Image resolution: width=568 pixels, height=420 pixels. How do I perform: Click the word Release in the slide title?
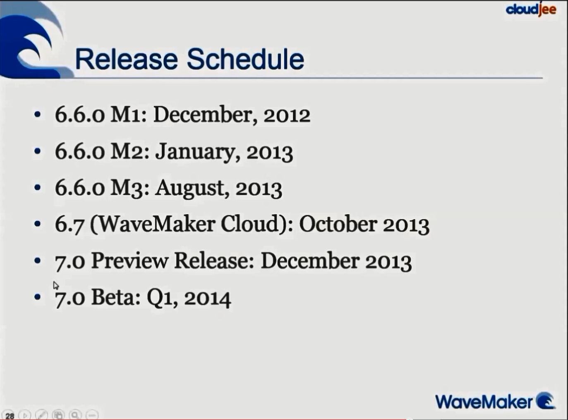[126, 59]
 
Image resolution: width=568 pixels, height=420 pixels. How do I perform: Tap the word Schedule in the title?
[245, 59]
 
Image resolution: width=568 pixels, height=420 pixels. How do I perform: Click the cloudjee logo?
[531, 9]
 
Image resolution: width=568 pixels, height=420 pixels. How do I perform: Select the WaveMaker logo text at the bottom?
[484, 402]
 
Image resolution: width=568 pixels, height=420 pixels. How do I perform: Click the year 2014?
[207, 298]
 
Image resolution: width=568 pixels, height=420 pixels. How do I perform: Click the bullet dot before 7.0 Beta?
[38, 297]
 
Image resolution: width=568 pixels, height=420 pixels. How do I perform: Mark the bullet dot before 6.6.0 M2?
[38, 151]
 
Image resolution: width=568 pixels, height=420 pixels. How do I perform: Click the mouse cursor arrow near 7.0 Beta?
[56, 285]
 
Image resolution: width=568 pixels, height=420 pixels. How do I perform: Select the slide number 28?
[10, 415]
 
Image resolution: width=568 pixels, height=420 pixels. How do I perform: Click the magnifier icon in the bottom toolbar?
[75, 415]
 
